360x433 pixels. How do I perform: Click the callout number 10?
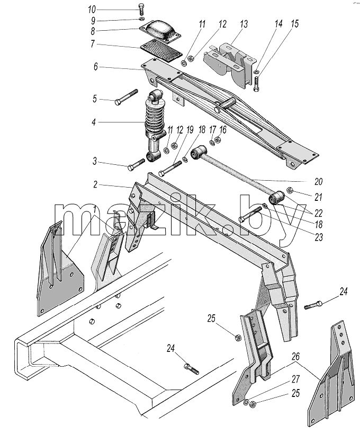(x=92, y=10)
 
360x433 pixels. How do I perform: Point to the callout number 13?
(x=244, y=24)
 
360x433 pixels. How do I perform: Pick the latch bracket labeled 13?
(x=230, y=64)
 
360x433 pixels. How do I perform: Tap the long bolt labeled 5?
(x=126, y=96)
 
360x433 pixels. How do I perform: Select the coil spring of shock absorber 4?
(x=155, y=119)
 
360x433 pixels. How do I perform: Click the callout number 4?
(x=94, y=122)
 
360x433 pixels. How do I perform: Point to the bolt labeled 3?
(x=136, y=164)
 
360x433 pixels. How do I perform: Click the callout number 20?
(x=318, y=181)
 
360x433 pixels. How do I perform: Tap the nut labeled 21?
(x=290, y=190)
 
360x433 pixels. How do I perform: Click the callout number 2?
(x=95, y=184)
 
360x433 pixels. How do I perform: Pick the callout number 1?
(x=95, y=210)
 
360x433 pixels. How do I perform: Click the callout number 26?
(x=295, y=357)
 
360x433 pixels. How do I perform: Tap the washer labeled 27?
(x=246, y=402)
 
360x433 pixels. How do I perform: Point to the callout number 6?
(x=95, y=67)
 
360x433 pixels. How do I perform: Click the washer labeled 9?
(x=142, y=19)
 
